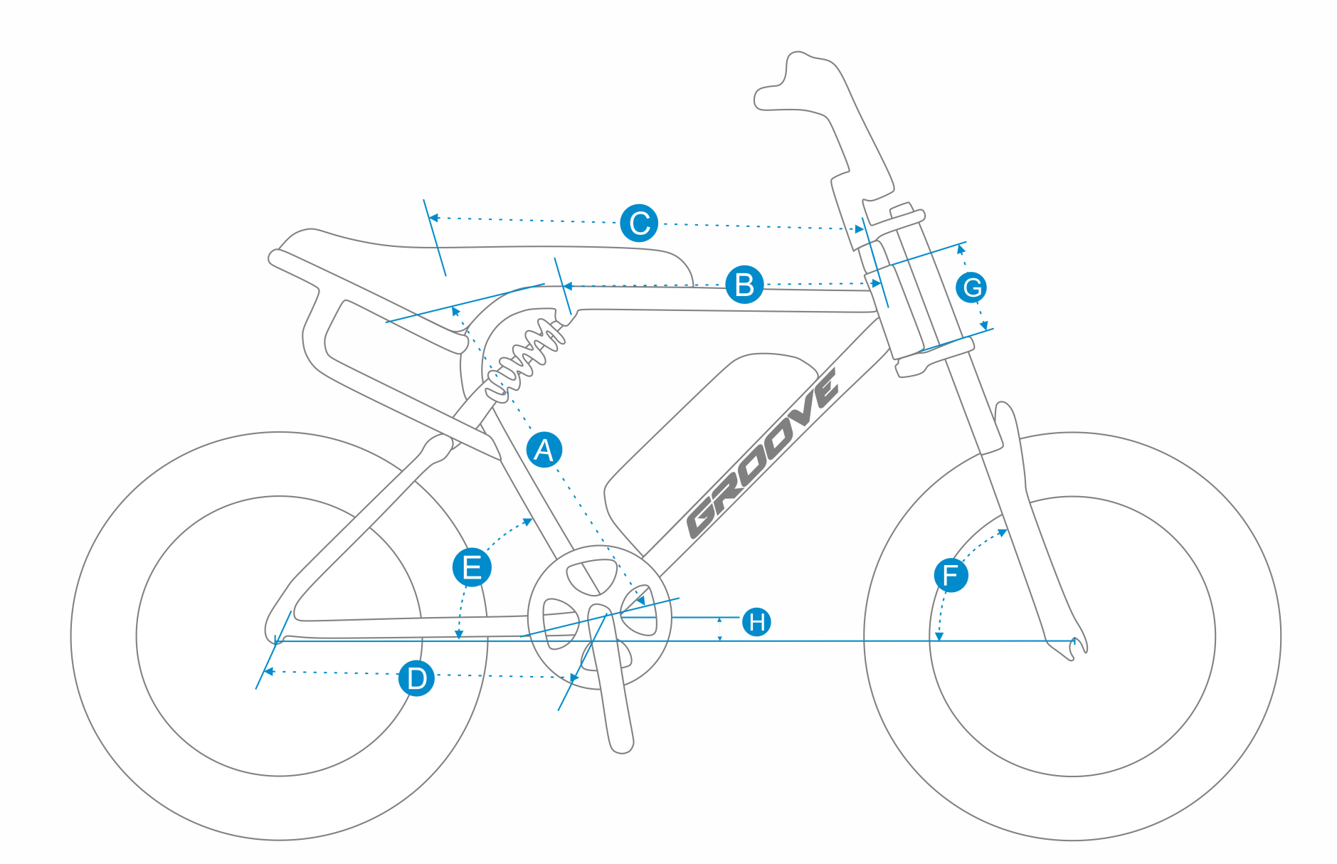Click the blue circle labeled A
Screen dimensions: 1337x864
coord(544,449)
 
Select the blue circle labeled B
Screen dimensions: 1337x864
coord(744,285)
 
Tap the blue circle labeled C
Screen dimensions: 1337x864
coord(639,223)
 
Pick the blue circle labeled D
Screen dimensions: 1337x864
coord(416,678)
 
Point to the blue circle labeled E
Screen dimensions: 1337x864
coord(472,567)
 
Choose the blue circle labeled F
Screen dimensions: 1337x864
coord(951,574)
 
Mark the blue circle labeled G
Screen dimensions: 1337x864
coord(971,288)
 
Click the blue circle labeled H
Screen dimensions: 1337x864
coord(756,621)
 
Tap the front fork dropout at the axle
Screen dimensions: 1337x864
coord(1071,644)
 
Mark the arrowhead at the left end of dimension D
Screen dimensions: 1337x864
coord(269,671)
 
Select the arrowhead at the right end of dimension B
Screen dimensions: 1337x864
coord(876,283)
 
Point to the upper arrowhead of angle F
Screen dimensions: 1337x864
coord(1003,531)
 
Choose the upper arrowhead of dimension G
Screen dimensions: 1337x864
coord(961,249)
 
